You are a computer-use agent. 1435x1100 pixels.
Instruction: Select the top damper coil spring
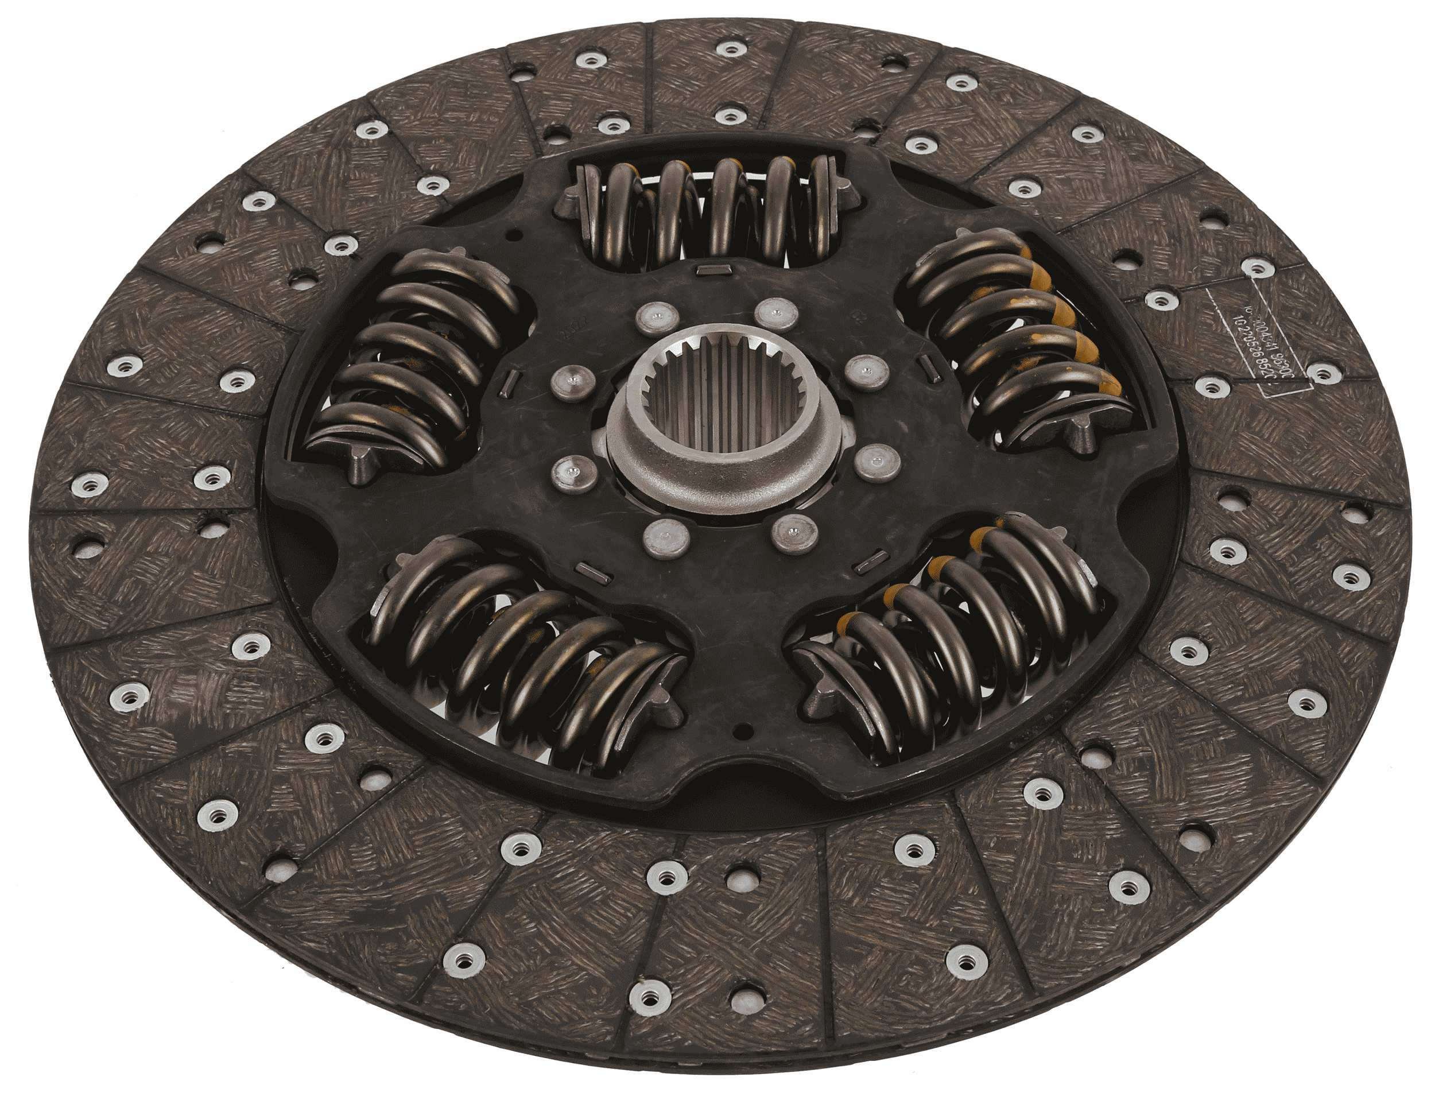pos(707,210)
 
